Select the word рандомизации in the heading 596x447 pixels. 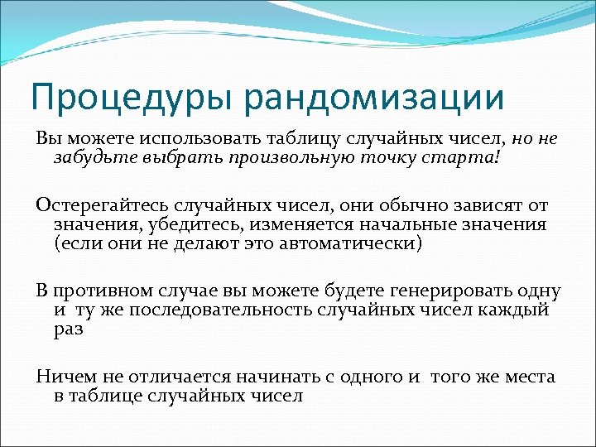pyautogui.click(x=373, y=97)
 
